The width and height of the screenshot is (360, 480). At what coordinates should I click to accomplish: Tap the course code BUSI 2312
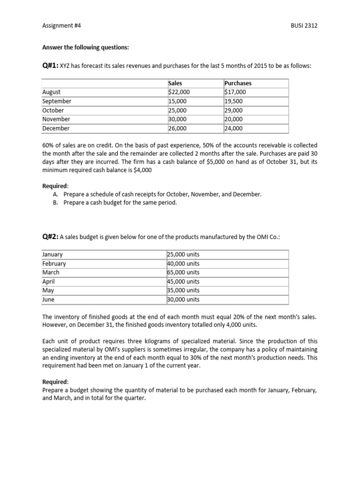(304, 26)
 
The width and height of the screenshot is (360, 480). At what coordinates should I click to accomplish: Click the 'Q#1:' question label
(50, 66)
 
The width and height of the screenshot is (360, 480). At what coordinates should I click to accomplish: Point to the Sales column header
(175, 83)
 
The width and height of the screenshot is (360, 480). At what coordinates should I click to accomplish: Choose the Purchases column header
(238, 83)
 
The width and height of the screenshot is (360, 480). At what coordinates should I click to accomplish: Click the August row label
(51, 92)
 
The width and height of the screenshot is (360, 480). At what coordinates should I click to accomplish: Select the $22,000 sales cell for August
(179, 92)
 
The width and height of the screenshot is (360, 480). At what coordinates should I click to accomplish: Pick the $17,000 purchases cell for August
(235, 92)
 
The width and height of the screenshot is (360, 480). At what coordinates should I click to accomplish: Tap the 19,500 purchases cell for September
(234, 101)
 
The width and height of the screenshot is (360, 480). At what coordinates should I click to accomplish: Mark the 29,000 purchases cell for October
(234, 110)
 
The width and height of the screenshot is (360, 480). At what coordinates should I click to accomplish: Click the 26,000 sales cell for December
(177, 128)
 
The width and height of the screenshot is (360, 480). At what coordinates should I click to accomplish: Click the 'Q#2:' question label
(50, 237)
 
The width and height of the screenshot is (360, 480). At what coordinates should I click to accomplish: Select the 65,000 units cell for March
(183, 272)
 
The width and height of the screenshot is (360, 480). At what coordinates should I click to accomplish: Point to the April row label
(49, 281)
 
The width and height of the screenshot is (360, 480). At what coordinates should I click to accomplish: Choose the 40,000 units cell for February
(183, 263)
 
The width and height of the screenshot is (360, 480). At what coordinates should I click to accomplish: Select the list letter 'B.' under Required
(57, 202)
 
